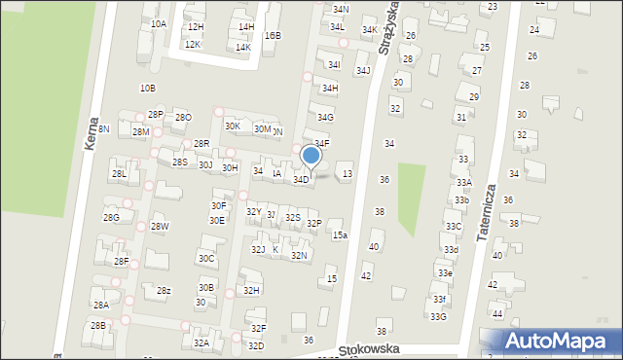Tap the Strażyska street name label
click(x=392, y=29)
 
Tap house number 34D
click(x=302, y=179)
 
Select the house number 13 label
click(x=348, y=173)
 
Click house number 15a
click(x=339, y=235)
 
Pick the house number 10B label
click(x=147, y=88)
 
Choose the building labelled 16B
click(x=273, y=35)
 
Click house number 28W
click(x=160, y=227)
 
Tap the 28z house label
click(x=164, y=291)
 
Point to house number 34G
click(x=325, y=118)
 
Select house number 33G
click(x=439, y=316)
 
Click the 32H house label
click(x=251, y=290)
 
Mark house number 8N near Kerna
click(x=103, y=128)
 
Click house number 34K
click(x=370, y=30)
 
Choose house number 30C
click(x=206, y=258)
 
